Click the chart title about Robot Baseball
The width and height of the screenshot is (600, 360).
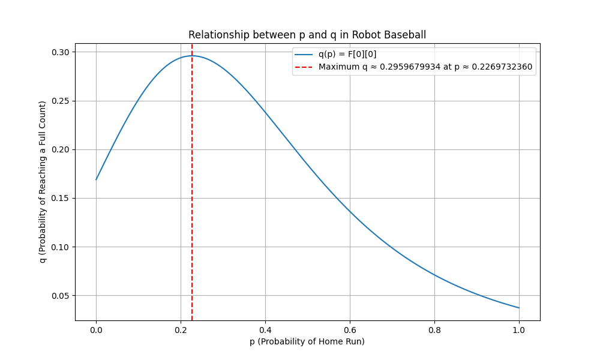point(307,35)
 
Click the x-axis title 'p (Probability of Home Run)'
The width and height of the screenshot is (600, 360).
point(307,341)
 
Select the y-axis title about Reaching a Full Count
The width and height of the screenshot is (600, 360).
point(43,182)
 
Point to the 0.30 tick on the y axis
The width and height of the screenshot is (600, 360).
point(61,52)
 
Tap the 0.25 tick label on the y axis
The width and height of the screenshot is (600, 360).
point(61,101)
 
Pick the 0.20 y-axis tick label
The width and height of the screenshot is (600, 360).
point(61,149)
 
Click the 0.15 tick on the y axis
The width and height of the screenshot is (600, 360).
point(61,198)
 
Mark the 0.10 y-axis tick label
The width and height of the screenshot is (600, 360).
point(61,247)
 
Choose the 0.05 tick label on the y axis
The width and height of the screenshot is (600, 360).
point(61,295)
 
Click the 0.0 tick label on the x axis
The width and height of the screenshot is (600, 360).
point(96,329)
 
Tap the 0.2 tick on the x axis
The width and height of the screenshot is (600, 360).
point(181,329)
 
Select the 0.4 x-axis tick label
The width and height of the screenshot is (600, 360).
point(265,329)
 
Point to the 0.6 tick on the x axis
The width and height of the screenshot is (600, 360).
point(350,329)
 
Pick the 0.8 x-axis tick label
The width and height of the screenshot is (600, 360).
point(434,329)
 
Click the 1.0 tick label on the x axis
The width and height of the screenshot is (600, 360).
point(519,329)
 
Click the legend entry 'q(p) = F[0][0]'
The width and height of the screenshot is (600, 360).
point(347,55)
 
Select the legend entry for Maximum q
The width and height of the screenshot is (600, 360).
point(425,67)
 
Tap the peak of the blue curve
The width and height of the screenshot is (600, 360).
point(192,56)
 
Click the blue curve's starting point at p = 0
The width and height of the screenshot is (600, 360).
point(96,179)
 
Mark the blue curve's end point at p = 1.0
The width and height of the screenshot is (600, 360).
point(519,308)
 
